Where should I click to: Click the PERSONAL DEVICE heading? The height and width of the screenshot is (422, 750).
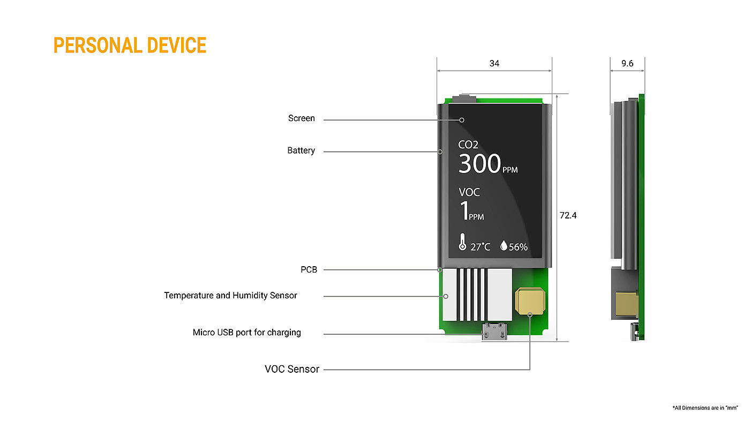130,46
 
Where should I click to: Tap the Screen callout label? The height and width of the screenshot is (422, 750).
302,118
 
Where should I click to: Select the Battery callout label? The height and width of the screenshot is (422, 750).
301,150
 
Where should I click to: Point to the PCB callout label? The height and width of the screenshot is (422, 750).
309,269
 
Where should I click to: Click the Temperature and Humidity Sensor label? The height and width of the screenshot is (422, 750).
230,295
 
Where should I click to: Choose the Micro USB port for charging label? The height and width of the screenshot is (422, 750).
246,333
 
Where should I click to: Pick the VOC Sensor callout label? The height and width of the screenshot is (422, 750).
292,369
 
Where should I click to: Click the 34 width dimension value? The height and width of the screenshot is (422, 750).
494,64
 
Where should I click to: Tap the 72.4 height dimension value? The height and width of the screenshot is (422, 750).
568,216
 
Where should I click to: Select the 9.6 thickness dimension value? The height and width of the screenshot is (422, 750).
627,64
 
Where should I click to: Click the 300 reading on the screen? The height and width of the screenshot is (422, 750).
479,164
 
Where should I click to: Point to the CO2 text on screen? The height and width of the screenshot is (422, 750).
468,145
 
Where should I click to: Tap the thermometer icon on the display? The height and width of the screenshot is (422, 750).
462,243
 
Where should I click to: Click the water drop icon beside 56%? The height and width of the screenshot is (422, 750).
504,246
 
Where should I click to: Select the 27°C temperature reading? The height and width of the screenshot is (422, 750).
481,247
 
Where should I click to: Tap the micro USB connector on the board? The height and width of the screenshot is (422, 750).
494,332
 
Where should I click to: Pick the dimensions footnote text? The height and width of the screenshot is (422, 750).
705,408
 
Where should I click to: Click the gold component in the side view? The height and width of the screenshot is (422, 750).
625,304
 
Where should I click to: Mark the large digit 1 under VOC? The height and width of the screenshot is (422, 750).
463,211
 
